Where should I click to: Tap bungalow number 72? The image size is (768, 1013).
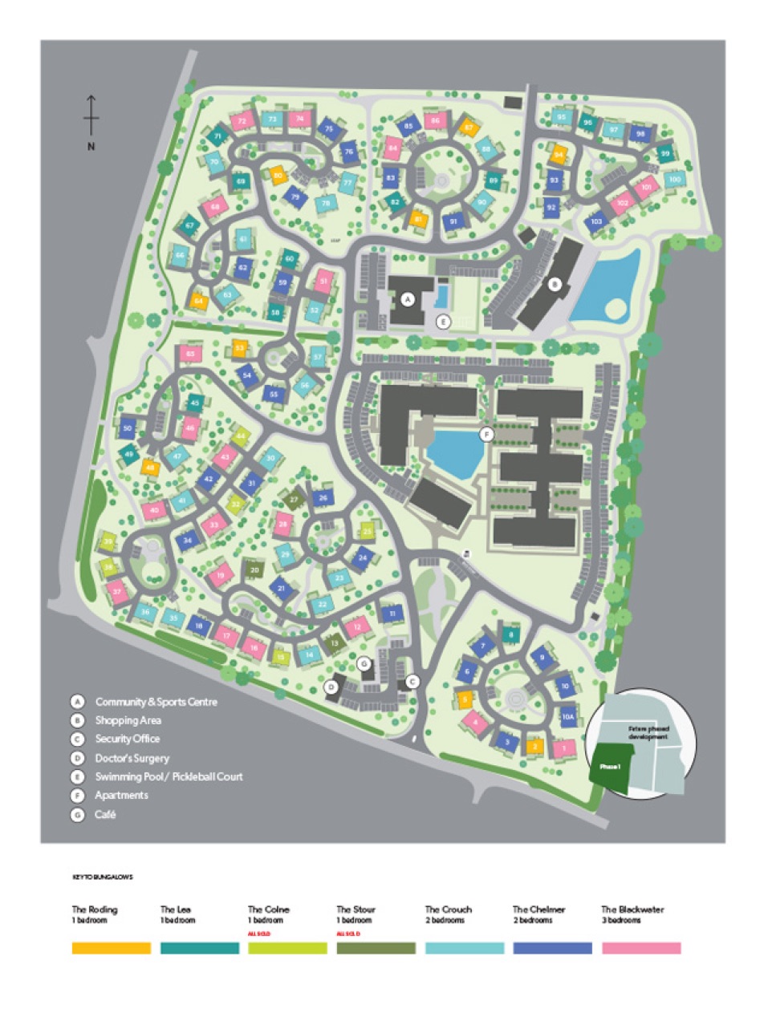point(241,121)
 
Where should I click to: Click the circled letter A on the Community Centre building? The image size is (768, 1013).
point(408,299)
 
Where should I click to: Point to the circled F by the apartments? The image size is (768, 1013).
point(485,435)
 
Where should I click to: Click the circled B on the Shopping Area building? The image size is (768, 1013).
point(554,283)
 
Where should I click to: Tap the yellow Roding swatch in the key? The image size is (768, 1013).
point(111,948)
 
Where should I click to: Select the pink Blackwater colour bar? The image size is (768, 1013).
point(640,948)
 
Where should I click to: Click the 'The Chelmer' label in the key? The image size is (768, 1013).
point(538,910)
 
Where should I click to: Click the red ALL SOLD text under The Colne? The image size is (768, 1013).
point(258,934)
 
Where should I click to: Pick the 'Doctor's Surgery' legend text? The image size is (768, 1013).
point(132,758)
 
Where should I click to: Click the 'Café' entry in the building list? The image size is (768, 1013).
point(105,814)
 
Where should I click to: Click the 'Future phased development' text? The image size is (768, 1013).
point(648,733)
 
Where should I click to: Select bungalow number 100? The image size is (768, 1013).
point(674,179)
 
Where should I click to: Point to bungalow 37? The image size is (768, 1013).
point(118,594)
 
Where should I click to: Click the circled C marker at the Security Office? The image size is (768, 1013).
point(412,682)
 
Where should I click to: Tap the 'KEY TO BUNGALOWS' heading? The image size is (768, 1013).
point(102,877)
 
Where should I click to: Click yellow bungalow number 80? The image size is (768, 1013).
point(278,176)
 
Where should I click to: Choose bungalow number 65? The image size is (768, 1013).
point(189,354)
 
